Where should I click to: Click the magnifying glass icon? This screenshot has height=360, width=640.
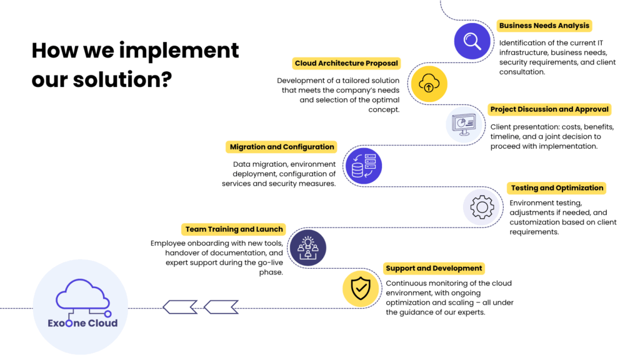(x=472, y=41)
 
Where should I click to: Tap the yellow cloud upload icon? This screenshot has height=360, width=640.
(x=429, y=84)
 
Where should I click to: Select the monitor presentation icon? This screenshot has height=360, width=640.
(x=464, y=124)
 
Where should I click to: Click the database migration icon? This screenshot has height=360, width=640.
(x=364, y=166)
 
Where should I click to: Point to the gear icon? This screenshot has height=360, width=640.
(x=482, y=207)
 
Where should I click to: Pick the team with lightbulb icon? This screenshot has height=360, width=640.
(x=308, y=247)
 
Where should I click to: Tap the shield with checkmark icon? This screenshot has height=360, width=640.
(x=361, y=289)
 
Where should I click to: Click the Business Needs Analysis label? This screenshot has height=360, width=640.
(x=544, y=26)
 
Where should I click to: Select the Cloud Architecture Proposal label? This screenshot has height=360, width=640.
(x=346, y=63)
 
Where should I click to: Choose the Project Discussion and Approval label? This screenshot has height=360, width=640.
(x=549, y=109)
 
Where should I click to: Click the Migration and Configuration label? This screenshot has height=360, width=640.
(x=282, y=147)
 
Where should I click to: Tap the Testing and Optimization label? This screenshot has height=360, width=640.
(x=557, y=188)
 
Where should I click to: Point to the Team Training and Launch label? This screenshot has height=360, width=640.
(x=234, y=229)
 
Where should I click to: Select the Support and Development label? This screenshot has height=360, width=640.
(x=434, y=268)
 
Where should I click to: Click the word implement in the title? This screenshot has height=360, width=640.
(x=179, y=51)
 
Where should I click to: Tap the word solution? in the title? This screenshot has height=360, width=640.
(x=122, y=79)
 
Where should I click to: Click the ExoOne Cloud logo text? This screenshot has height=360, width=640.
(x=82, y=323)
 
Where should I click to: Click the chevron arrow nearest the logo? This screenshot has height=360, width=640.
(x=180, y=307)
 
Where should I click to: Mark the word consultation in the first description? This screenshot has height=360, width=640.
(x=522, y=72)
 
